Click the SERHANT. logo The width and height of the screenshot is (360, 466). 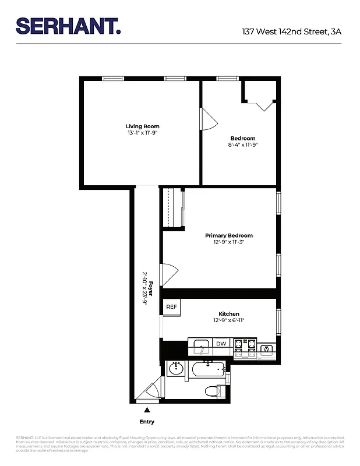68,26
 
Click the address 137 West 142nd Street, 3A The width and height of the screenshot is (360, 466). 291,32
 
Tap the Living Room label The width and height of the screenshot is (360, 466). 142,126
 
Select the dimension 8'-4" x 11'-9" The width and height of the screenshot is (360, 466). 243,145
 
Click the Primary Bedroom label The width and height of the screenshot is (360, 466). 228,235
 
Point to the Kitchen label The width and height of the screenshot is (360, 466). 228,314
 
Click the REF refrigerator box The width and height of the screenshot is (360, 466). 171,307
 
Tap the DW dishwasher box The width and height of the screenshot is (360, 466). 221,344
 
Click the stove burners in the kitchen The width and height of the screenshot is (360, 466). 245,347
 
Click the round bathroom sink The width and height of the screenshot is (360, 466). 175,369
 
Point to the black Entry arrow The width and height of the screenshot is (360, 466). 147,411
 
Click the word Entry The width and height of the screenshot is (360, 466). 147,422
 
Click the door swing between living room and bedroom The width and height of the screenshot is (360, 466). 209,120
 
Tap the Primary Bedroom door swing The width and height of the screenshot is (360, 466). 169,275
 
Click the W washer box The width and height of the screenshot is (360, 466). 267,349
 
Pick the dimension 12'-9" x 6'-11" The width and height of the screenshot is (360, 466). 228,321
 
